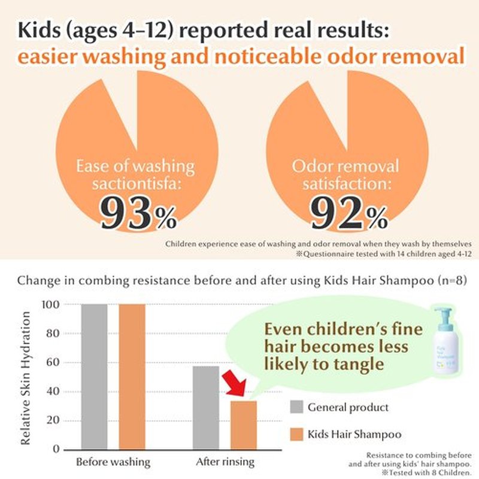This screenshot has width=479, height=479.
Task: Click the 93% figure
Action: tap(139, 213)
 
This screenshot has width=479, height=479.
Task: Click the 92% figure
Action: tap(349, 213)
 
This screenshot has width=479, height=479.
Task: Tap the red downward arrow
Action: tap(235, 383)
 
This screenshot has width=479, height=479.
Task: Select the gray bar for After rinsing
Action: tap(206, 408)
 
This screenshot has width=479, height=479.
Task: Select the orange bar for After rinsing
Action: tap(244, 425)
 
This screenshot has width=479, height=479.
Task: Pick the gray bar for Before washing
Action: tap(95, 377)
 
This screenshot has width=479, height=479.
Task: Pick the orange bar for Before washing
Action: tap(132, 377)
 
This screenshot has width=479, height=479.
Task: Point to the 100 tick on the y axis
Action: tap(50, 304)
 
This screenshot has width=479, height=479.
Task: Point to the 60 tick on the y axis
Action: tap(53, 363)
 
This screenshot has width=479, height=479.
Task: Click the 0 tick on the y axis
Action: tap(56, 448)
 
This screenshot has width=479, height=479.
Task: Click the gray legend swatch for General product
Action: tap(296, 407)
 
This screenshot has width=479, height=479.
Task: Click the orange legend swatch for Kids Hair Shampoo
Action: tap(296, 434)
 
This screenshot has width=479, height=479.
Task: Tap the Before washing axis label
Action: tap(113, 462)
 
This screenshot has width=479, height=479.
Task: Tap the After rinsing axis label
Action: tap(225, 462)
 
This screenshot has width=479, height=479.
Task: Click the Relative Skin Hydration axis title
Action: tap(25, 378)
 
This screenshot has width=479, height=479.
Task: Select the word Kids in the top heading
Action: tap(39, 31)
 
